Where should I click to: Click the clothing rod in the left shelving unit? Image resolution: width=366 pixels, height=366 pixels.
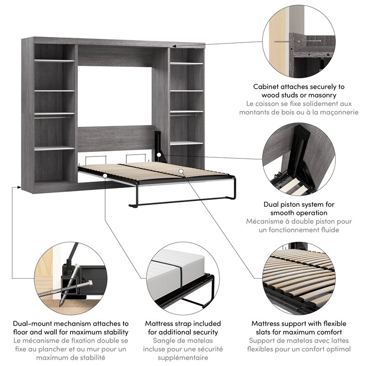coord(54,118)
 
